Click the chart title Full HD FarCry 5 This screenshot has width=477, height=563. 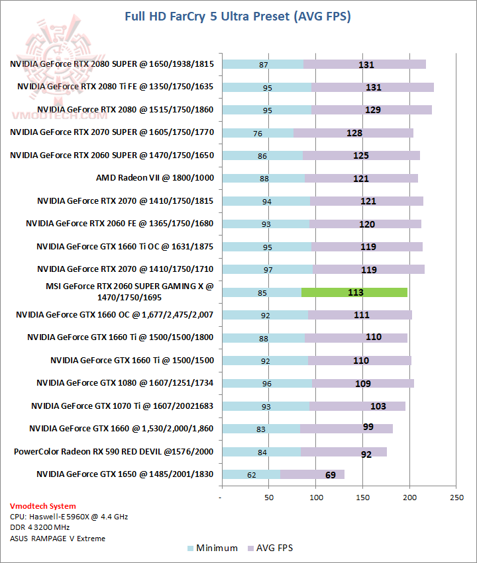238,16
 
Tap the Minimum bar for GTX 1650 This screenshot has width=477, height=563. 251,474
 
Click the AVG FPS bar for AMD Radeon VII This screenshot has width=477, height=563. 361,178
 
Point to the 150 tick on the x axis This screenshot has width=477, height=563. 363,498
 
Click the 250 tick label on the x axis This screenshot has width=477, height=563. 456,498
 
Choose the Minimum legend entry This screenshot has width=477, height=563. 212,548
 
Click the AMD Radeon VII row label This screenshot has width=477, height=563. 155,178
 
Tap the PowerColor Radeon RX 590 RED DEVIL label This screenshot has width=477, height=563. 114,451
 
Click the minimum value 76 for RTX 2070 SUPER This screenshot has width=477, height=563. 258,133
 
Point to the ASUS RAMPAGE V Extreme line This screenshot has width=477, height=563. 57,538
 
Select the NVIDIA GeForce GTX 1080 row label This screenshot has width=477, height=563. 125,383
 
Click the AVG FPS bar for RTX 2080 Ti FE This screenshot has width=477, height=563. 372,87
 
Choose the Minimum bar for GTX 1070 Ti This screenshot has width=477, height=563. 266,406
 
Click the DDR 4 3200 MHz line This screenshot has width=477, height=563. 40,527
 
